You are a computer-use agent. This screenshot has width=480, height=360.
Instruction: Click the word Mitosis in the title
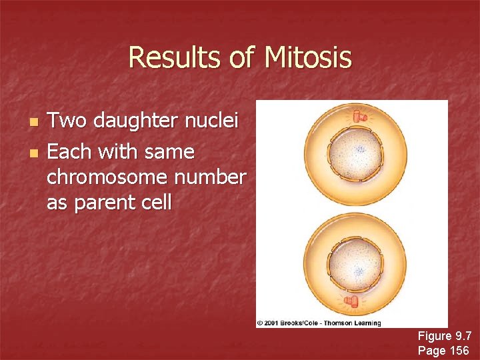[307, 57]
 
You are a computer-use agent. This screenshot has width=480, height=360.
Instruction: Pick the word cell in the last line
[155, 201]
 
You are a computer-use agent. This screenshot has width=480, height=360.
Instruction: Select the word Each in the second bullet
[69, 152]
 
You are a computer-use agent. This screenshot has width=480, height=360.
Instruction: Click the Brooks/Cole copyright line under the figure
[319, 323]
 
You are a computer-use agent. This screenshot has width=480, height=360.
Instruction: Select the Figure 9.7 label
[444, 337]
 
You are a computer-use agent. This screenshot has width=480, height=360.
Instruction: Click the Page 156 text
[443, 350]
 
